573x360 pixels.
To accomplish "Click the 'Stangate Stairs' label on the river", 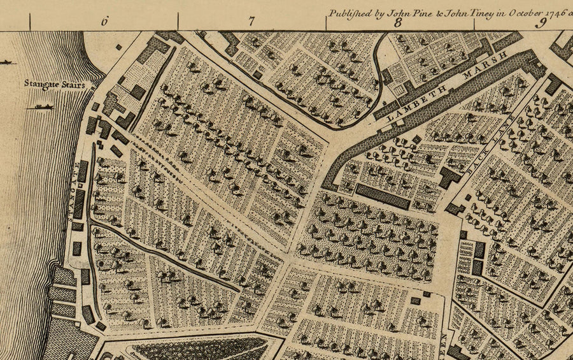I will (54, 83).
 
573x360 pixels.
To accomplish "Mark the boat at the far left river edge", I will (6, 62).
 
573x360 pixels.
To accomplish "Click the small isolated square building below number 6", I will (118, 47).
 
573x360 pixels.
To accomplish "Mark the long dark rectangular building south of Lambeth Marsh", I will (382, 196).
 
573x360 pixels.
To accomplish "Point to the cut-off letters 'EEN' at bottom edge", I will (444, 344).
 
